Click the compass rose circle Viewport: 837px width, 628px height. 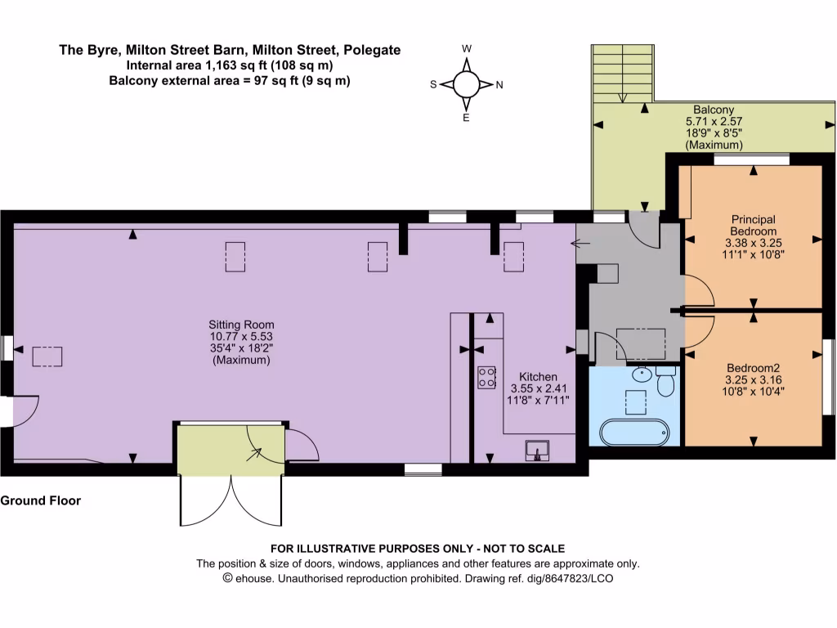pos(466,83)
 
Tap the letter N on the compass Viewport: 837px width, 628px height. pos(499,84)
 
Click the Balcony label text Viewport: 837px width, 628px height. pos(714,110)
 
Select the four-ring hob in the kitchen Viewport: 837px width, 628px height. pos(486,377)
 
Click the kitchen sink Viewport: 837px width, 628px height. pos(538,448)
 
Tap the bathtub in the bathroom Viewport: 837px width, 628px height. pos(633,431)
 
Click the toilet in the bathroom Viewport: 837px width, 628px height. pos(665,380)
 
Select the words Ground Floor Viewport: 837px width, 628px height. pos(41,500)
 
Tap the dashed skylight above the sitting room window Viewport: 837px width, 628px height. pos(47,357)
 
